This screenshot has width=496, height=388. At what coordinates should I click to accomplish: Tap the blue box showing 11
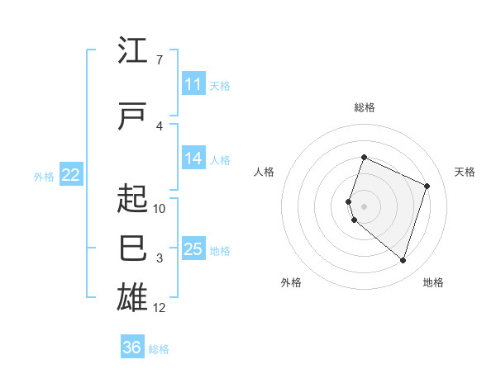point(193,84)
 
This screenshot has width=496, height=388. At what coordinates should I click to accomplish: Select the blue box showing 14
point(193,159)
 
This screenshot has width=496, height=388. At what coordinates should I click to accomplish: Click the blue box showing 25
point(193,249)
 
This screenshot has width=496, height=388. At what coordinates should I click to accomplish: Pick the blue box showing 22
point(71,174)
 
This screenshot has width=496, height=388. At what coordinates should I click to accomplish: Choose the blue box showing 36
point(132,348)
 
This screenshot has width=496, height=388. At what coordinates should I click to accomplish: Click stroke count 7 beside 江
point(159,60)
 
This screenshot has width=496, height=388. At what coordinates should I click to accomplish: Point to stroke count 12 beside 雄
point(160,308)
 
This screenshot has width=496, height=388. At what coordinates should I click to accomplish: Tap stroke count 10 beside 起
point(160,208)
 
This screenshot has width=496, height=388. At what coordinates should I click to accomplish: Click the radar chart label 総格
point(364,107)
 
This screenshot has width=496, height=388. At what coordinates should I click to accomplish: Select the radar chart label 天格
point(465,172)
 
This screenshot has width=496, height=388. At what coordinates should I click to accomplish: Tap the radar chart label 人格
point(264,172)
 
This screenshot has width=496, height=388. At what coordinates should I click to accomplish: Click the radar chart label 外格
point(291,282)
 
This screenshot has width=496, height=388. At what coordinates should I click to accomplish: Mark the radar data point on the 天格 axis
point(427,186)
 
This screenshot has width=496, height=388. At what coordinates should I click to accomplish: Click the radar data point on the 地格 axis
point(403,261)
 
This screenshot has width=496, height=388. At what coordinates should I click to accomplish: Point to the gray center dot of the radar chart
point(364,206)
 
